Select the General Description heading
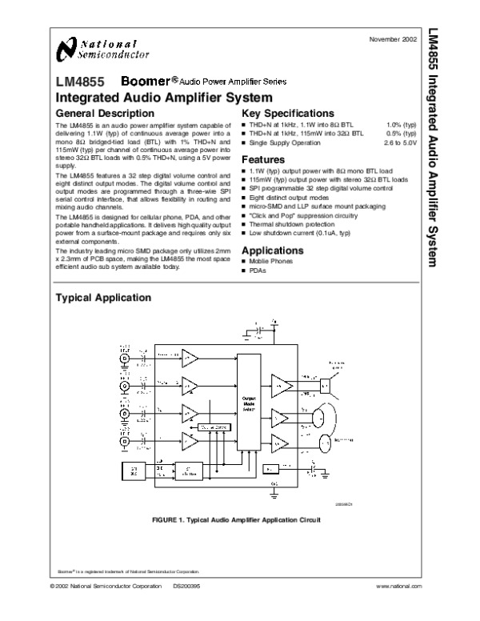[98, 114]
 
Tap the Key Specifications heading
[288, 114]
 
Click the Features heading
[262, 160]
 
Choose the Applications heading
[272, 250]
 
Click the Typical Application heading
[102, 298]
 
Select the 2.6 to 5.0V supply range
[400, 142]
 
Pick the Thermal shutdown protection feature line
[290, 224]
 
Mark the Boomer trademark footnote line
[128, 571]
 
